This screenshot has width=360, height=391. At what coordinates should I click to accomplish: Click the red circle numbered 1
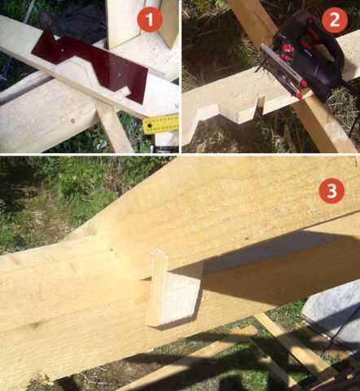tap(150, 20)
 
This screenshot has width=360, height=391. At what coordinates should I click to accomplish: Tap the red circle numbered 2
tap(335, 20)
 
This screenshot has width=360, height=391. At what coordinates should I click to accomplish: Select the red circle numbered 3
tap(331, 190)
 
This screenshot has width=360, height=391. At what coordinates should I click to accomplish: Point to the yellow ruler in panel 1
tap(161, 125)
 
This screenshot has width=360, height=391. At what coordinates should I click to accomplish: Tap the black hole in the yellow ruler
tap(149, 126)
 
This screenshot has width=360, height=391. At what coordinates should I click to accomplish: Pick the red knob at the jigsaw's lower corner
tap(299, 96)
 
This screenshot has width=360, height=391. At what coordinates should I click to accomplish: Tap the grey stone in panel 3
tap(332, 318)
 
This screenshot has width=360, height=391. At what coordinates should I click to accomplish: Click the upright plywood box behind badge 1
tap(141, 23)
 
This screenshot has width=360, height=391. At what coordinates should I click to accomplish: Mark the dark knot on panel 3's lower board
tap(35, 324)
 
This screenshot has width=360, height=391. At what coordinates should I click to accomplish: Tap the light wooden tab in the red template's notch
tap(124, 93)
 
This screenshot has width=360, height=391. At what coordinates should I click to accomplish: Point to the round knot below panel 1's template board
tap(72, 121)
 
